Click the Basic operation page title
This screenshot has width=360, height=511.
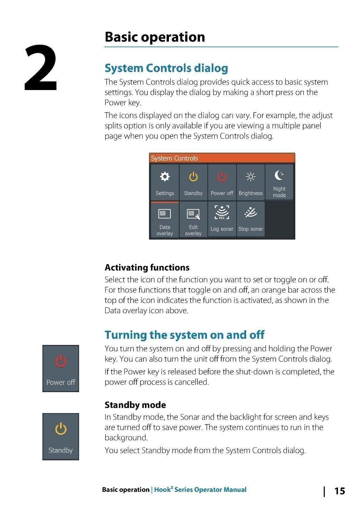154,37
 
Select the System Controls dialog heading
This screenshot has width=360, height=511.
166,68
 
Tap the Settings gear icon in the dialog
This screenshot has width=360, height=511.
165,177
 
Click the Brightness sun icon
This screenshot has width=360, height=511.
251,177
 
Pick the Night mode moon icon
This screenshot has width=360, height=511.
279,175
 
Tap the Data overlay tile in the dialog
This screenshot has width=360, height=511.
165,220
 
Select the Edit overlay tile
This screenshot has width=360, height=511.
193,220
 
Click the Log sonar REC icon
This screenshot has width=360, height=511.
222,212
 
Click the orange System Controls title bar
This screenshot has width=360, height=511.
222,158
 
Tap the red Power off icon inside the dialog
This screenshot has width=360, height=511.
222,177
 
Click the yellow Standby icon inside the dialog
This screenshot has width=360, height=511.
193,177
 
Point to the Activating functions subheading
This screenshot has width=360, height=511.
147,267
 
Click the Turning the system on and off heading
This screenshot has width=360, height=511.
184,335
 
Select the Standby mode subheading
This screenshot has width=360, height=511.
135,405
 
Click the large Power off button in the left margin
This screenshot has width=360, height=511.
61,368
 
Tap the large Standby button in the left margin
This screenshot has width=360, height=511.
61,436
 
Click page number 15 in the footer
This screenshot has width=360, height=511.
339,491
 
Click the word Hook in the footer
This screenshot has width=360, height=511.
162,490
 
